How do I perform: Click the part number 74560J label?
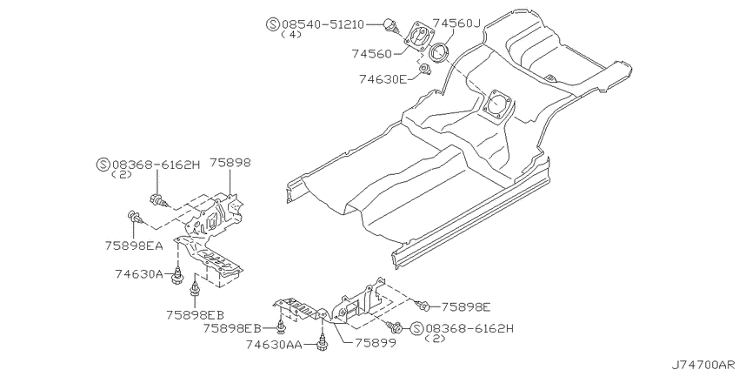pos(456,23)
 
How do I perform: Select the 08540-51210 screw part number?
pos(323,24)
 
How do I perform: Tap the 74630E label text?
pos(383,79)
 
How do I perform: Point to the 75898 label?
pos(230,163)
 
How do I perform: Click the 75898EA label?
pos(134,246)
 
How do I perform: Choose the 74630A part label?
pos(139,273)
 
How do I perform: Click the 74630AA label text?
pos(274,345)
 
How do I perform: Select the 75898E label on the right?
pos(466,307)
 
